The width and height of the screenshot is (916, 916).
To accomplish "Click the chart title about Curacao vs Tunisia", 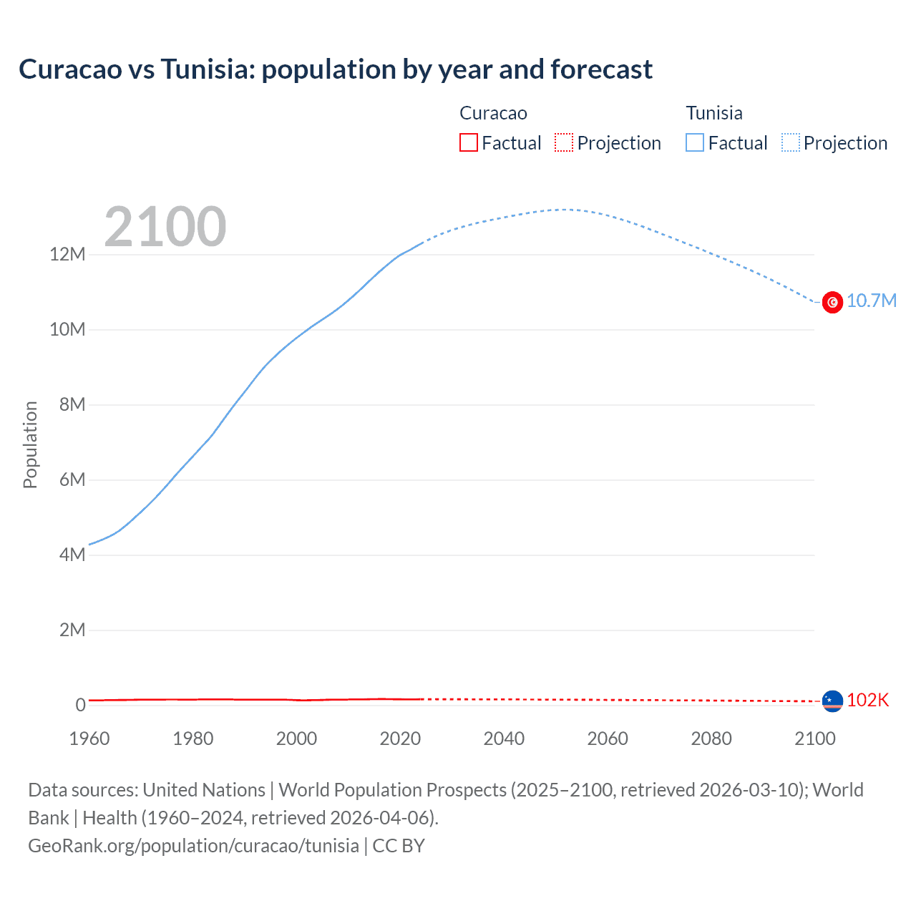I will [x=335, y=69].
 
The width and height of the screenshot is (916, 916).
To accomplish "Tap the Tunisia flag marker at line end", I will [x=832, y=302].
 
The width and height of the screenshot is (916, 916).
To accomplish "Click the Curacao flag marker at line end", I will [x=832, y=701].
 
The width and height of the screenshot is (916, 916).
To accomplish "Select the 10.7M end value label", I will [x=871, y=301].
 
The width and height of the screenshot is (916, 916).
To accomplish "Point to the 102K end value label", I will [x=867, y=700].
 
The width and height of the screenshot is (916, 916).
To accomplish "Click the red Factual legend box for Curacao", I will [x=468, y=142].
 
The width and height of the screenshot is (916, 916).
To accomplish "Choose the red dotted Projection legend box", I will [x=564, y=142].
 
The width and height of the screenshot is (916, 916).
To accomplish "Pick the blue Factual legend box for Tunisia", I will [x=695, y=142].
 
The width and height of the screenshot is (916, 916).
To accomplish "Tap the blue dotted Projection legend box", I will [x=791, y=142].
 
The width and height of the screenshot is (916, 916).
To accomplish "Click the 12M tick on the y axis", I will [x=67, y=254].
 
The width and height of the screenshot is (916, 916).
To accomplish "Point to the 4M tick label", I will [x=72, y=555].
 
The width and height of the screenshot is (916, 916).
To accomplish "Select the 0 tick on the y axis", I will [x=80, y=705].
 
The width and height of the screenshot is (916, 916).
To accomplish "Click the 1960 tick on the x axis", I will [x=89, y=739].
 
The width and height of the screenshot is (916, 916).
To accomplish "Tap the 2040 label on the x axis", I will [x=504, y=739].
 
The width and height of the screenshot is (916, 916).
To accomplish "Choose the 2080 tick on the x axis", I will [x=711, y=739].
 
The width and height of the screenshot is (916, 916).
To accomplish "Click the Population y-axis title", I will [x=30, y=444].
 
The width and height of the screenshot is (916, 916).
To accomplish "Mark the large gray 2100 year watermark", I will [x=165, y=227].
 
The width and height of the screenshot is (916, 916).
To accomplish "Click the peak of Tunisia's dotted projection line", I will [x=565, y=210].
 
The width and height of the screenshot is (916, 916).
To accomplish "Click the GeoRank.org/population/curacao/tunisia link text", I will [x=193, y=846].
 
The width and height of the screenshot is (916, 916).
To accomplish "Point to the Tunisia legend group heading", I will [x=713, y=113].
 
